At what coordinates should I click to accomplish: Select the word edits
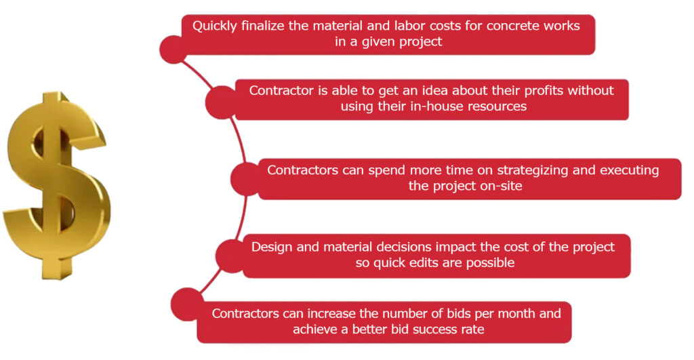426,263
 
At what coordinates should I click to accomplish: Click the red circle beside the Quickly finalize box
173,49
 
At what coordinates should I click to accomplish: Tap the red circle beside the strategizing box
247,179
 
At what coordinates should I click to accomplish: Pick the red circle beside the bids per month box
187,304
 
